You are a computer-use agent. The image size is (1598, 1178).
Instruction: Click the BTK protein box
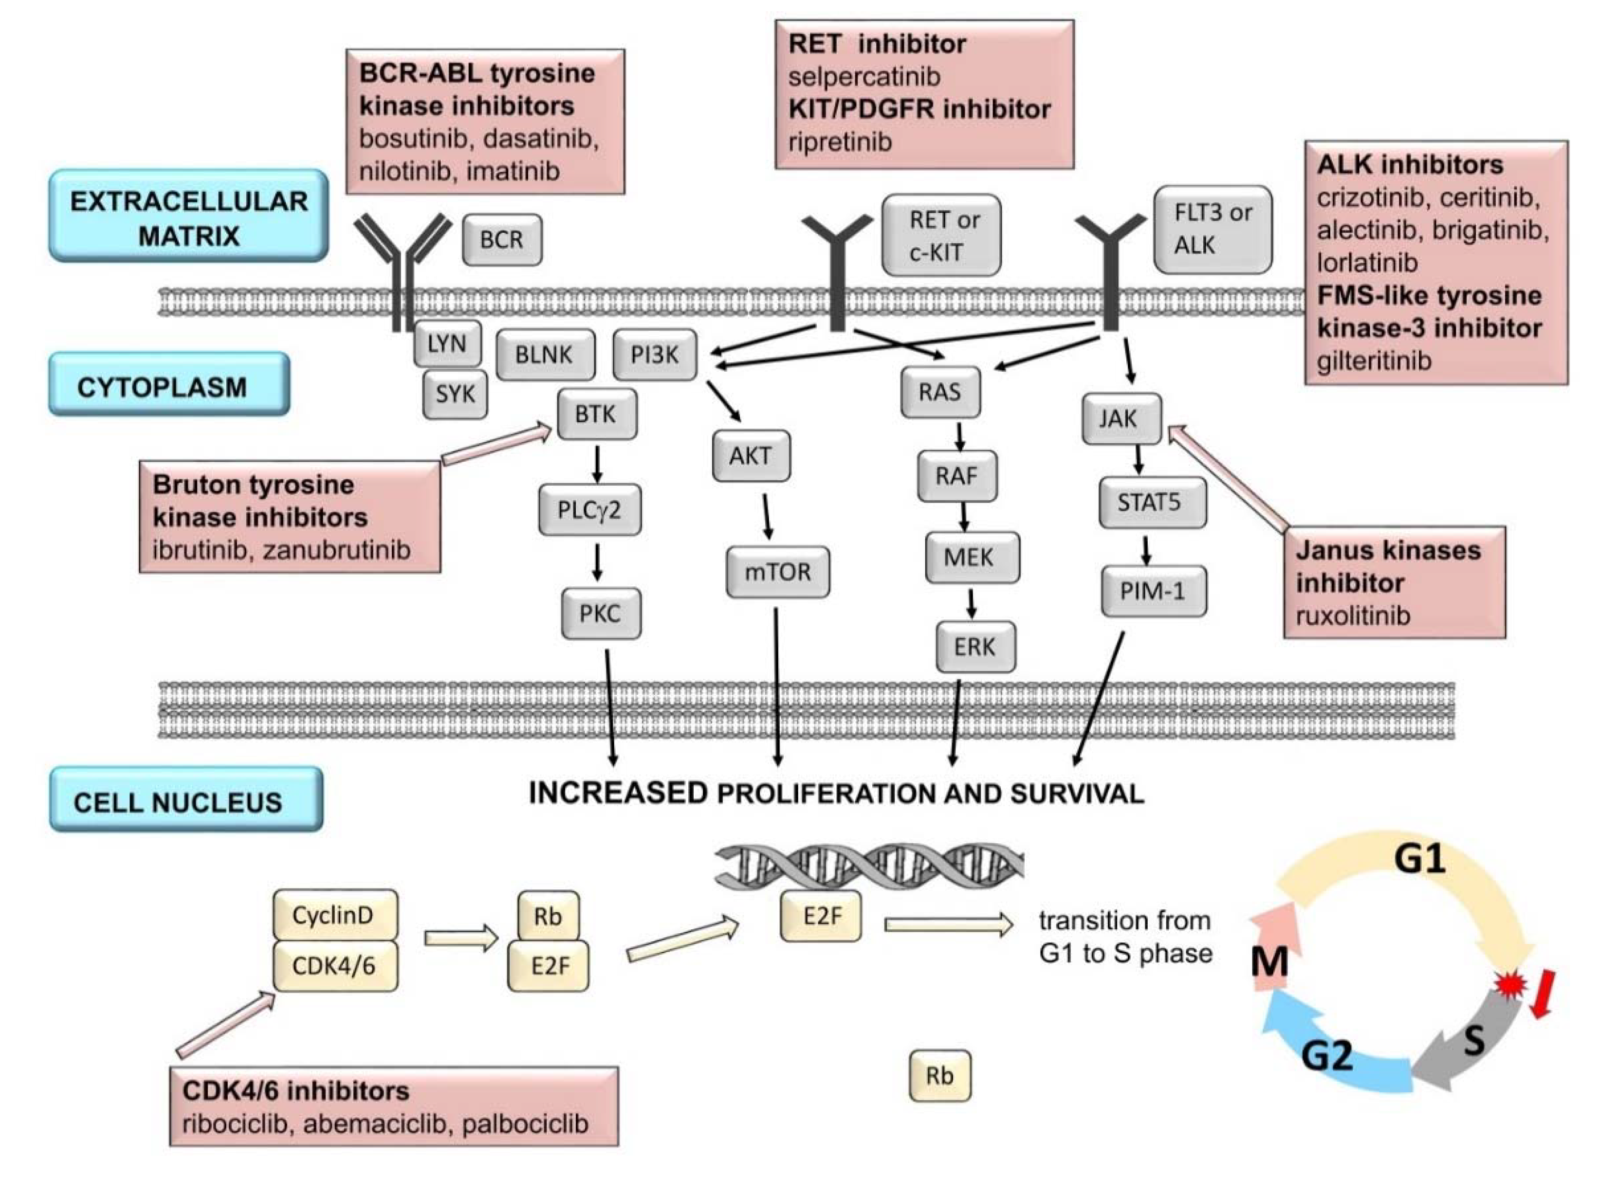[x=596, y=414]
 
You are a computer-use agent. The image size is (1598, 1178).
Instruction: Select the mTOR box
[x=778, y=572]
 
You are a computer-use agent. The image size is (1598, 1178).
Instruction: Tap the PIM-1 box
[x=1154, y=591]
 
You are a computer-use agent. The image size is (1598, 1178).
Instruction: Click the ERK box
[x=975, y=648]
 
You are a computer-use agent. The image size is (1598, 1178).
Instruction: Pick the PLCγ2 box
[x=589, y=510]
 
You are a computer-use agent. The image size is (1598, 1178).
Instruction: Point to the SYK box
[x=455, y=394]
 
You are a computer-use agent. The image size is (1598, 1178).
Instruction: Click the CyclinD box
[x=334, y=915]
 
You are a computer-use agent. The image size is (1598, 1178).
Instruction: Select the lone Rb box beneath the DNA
[x=939, y=1076]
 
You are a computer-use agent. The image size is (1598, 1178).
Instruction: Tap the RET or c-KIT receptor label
[x=941, y=236]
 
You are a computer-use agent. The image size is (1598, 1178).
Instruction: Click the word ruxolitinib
[x=1353, y=616]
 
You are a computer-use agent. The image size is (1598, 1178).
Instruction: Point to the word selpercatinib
[x=864, y=76]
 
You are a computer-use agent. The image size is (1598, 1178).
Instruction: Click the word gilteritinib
[x=1373, y=361]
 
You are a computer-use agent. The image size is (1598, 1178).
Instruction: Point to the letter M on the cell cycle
[x=1270, y=963]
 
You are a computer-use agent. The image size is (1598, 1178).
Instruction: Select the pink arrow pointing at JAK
[x=1229, y=478]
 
